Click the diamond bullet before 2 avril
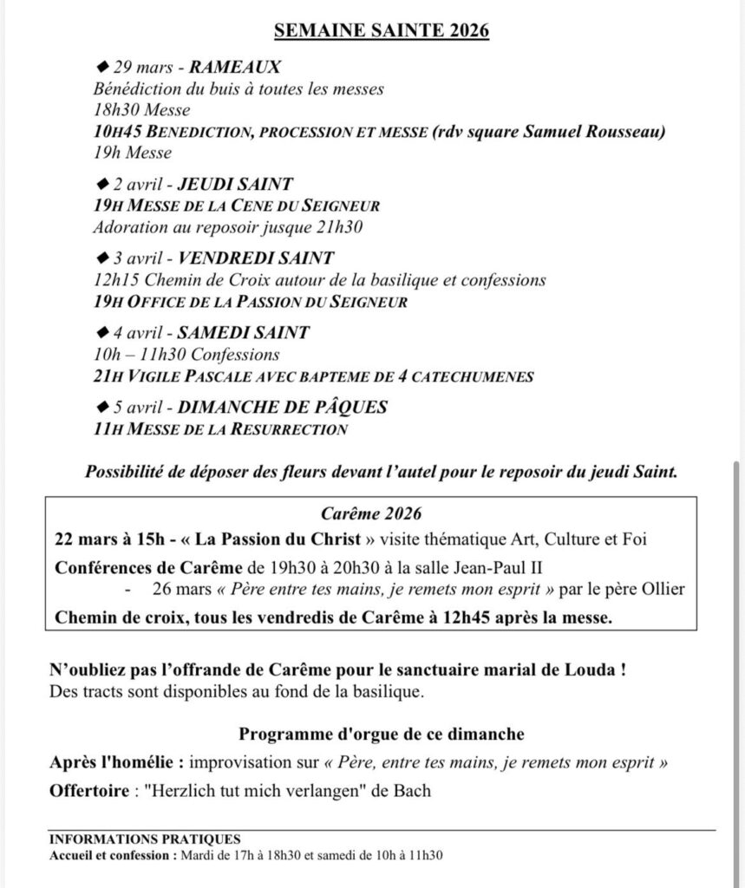click(100, 182)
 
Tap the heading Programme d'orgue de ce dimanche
click(382, 735)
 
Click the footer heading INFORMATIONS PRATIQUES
click(145, 839)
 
